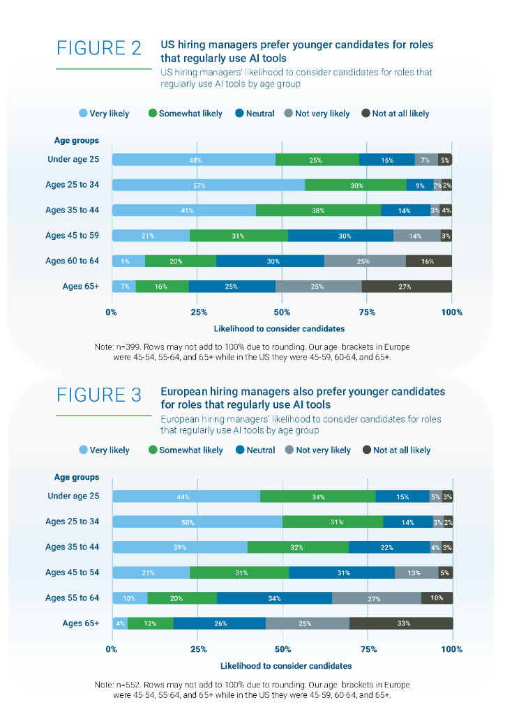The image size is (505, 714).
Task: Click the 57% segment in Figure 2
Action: pos(208,185)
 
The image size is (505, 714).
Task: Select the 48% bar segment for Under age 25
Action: pos(194,160)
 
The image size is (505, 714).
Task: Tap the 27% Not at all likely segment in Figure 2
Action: pos(406,286)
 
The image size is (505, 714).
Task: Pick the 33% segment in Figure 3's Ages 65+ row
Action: pos(401,623)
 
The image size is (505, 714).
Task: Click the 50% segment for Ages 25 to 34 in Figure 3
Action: pos(197,522)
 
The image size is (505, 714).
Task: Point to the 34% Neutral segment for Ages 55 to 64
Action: pos(274,598)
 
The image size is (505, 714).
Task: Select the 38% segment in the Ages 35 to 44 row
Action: pos(318,211)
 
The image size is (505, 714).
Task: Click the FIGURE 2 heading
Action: pos(99,49)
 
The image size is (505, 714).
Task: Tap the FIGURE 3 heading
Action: pos(99,395)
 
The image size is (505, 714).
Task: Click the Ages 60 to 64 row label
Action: pos(73,261)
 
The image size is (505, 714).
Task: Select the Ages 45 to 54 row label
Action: pos(73,572)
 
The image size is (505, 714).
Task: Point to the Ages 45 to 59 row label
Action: pos(73,236)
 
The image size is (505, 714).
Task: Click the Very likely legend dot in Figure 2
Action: pos(83,114)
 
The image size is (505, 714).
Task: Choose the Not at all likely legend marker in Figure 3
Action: pos(367,450)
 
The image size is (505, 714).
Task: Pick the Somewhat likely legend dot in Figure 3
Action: pos(153,450)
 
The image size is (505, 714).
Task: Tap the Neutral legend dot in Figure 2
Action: pos(240,114)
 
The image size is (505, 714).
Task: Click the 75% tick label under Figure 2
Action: pos(367,312)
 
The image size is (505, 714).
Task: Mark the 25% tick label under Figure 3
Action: pos(197,649)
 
